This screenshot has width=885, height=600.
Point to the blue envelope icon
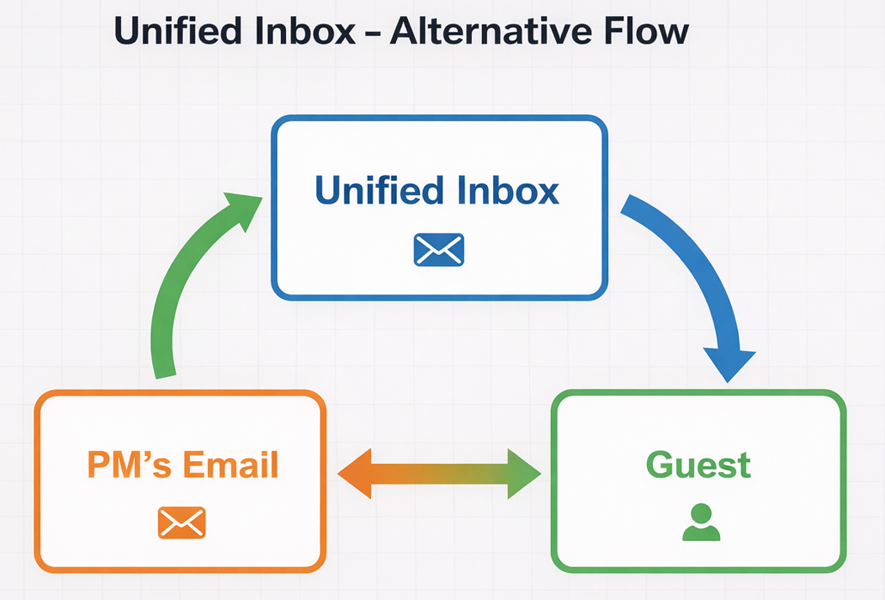pyautogui.click(x=438, y=250)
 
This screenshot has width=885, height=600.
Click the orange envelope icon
pyautogui.click(x=182, y=523)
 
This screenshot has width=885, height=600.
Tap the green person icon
pyautogui.click(x=700, y=523)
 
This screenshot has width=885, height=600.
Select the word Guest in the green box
pyautogui.click(x=698, y=465)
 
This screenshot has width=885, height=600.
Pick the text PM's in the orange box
pyautogui.click(x=124, y=465)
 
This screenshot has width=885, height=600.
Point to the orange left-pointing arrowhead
pyautogui.click(x=358, y=475)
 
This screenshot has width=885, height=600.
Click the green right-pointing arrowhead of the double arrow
pyautogui.click(x=522, y=475)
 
